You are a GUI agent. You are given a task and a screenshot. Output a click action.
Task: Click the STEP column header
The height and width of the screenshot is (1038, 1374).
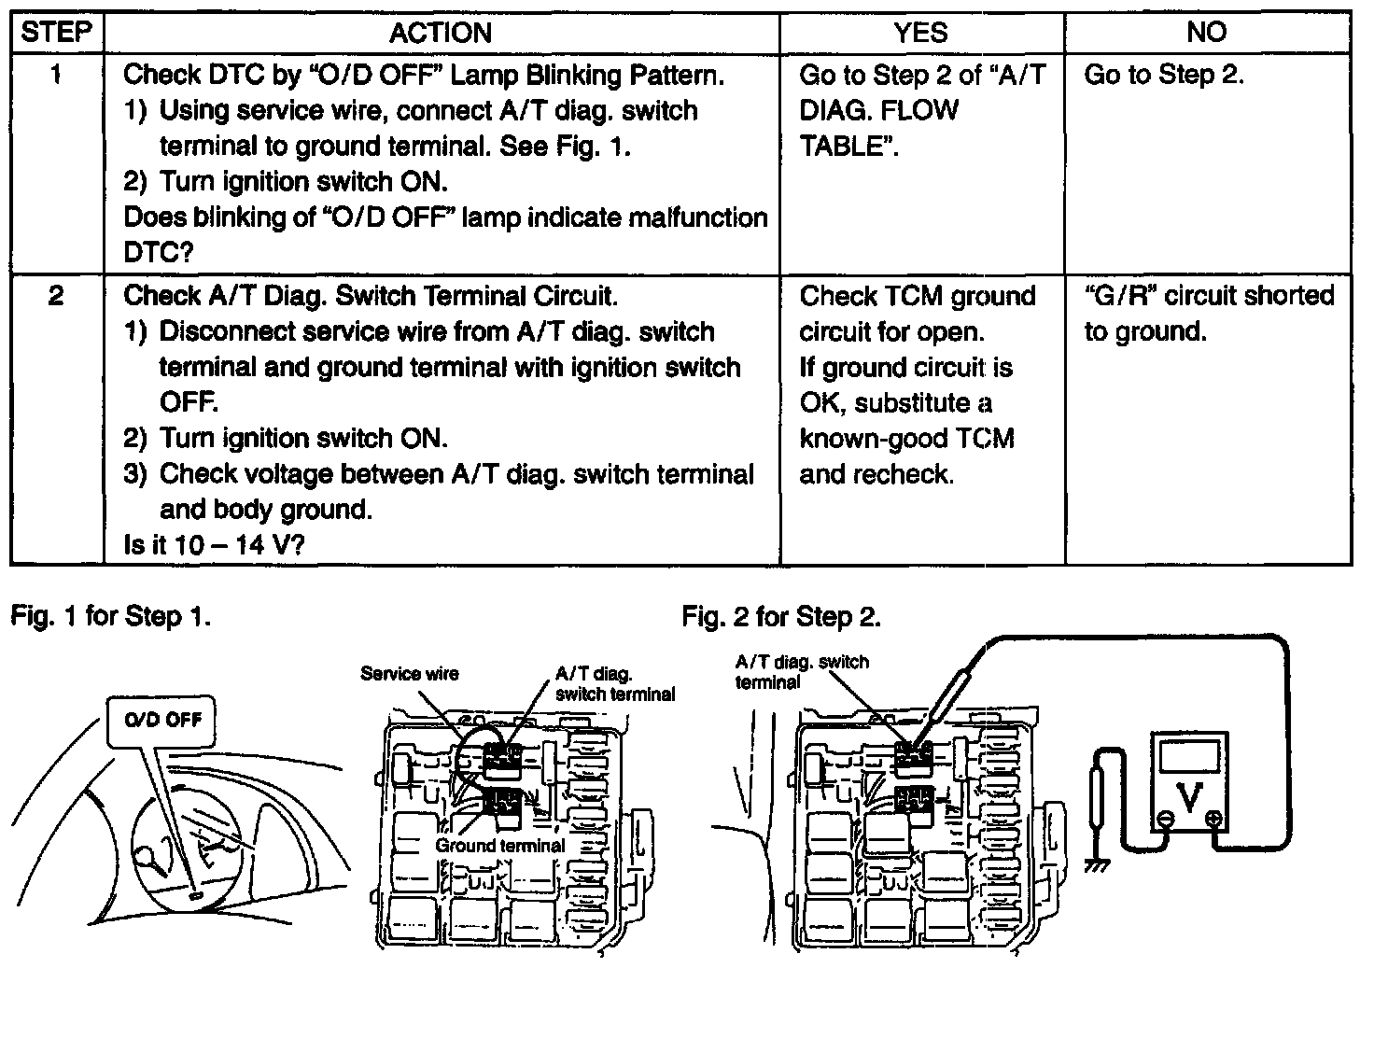[56, 33]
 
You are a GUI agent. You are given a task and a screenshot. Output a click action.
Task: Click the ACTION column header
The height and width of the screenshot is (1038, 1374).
[441, 33]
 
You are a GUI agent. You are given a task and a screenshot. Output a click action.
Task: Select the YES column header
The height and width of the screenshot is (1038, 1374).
[920, 33]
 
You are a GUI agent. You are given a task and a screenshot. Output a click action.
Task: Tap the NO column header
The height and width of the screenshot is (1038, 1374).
[1206, 33]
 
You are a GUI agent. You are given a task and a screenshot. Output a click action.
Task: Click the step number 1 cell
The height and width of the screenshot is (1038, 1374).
[56, 75]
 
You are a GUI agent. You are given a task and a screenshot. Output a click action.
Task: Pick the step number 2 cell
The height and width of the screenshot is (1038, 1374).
[56, 297]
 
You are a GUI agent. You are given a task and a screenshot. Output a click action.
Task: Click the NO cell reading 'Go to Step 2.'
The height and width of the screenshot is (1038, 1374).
[1164, 75]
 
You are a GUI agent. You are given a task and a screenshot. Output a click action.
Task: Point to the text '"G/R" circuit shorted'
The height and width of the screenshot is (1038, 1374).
[1209, 296]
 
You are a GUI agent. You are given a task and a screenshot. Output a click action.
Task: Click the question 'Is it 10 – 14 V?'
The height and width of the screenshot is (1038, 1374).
[214, 545]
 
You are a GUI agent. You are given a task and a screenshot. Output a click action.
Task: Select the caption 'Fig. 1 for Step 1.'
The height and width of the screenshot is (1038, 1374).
[110, 616]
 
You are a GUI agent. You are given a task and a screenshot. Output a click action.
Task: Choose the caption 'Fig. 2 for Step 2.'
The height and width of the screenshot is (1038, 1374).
[781, 616]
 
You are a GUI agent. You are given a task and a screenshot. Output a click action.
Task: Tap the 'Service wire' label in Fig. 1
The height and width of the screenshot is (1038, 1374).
[410, 673]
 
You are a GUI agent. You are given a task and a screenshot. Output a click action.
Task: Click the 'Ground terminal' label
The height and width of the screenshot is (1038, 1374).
[499, 846]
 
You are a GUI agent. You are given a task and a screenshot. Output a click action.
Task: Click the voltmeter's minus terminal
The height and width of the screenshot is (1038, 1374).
[1166, 820]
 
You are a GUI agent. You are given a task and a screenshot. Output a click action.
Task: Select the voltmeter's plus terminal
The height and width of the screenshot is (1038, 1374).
[1213, 820]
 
